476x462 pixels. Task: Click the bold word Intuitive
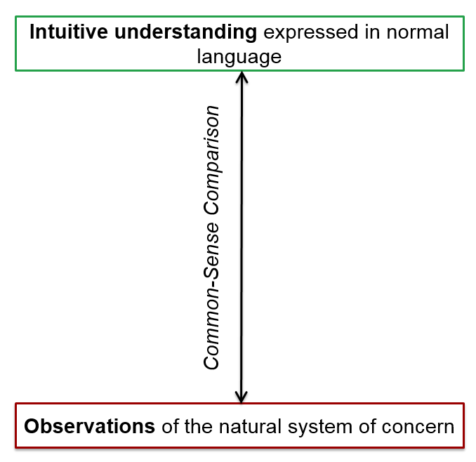click(69, 32)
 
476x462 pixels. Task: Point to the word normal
click(418, 32)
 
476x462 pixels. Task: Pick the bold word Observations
click(90, 426)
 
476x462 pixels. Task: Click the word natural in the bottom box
click(250, 426)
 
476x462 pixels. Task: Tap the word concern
click(418, 427)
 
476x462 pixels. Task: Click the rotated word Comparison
click(211, 160)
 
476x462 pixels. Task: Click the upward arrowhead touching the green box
click(242, 77)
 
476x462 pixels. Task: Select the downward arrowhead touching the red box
click(242, 397)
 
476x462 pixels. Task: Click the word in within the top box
click(373, 32)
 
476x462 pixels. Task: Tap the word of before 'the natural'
click(170, 426)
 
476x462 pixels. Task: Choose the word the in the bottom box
click(198, 426)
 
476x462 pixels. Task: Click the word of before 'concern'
click(366, 426)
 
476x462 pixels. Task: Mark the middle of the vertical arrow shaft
click(242, 237)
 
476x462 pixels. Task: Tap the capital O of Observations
click(32, 426)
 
